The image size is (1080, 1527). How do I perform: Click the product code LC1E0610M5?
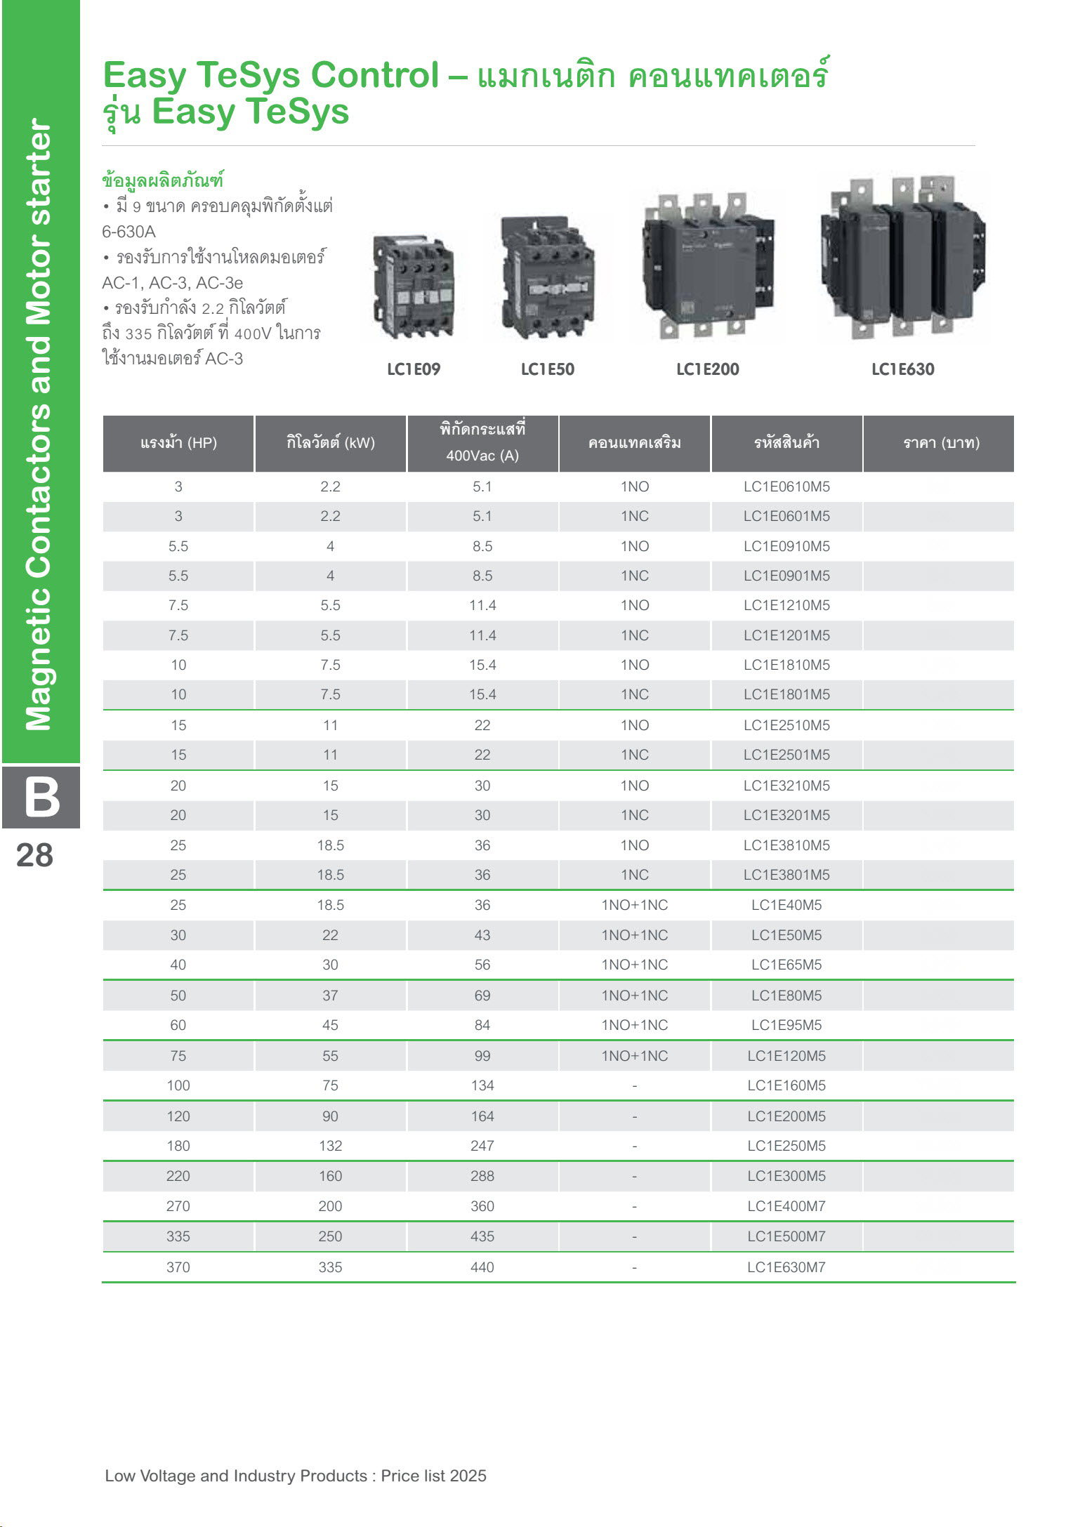[x=786, y=487]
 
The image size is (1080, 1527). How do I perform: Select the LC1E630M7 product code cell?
[x=786, y=1267]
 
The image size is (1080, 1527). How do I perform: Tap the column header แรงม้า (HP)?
[x=178, y=443]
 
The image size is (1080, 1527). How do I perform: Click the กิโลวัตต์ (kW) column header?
[x=330, y=443]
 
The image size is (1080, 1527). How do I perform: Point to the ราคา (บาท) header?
[x=941, y=443]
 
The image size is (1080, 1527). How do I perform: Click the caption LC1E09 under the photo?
[x=414, y=369]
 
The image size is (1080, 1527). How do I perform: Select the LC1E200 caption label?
[x=707, y=369]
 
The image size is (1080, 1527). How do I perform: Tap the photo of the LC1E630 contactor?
[x=903, y=257]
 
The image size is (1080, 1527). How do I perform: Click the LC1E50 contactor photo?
[x=548, y=278]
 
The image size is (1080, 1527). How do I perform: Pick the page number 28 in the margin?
[x=34, y=856]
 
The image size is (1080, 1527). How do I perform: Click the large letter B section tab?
[x=41, y=798]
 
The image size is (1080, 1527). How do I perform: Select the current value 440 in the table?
[x=482, y=1267]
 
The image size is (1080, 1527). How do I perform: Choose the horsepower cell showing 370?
[x=178, y=1267]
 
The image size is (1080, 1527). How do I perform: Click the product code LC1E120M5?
[x=786, y=1056]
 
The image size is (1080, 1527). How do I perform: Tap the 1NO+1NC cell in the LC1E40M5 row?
[x=634, y=905]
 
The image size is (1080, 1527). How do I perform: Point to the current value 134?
[x=482, y=1085]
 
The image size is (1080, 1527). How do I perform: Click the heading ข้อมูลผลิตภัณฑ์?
[x=162, y=180]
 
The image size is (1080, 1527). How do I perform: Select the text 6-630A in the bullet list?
[x=129, y=232]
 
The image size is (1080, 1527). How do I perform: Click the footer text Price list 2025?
[x=434, y=1476]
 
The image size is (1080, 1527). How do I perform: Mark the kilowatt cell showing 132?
[x=330, y=1146]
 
